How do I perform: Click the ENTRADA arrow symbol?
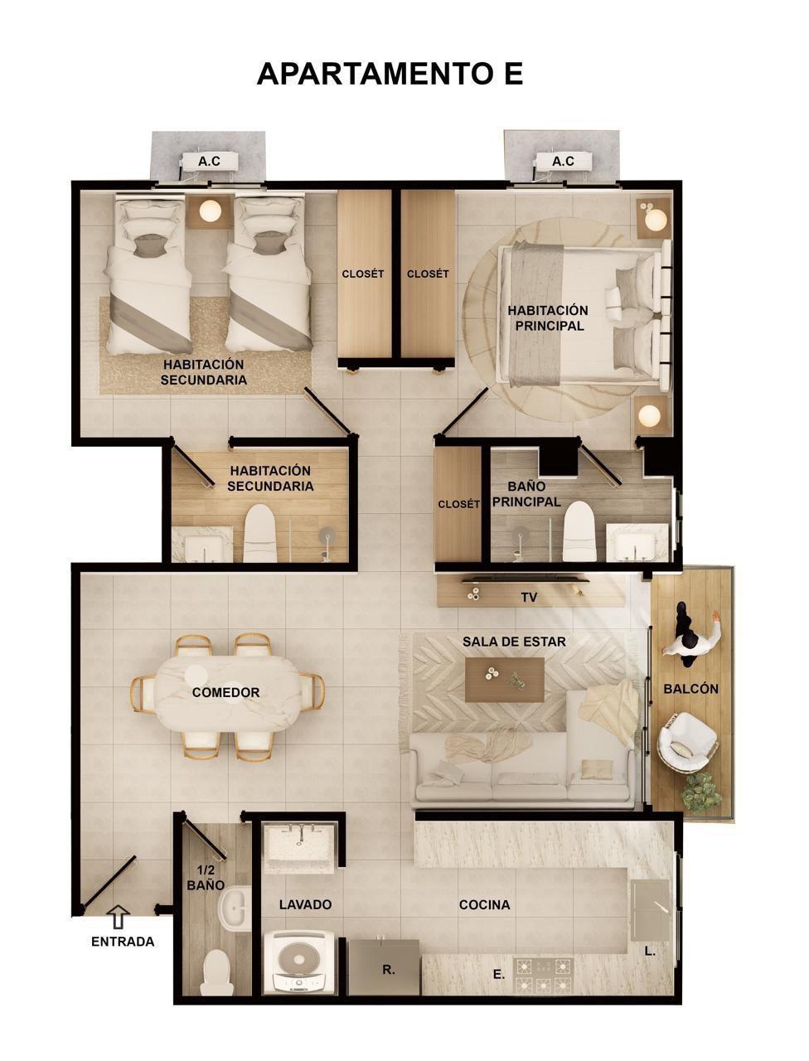[x=118, y=917]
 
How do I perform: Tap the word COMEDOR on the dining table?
[x=225, y=692]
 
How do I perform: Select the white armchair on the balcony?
[x=687, y=742]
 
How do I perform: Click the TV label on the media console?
[x=529, y=598]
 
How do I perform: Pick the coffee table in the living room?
[x=505, y=679]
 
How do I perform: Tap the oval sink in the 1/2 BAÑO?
[x=235, y=909]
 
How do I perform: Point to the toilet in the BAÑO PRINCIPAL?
[x=579, y=531]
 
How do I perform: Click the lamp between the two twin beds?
[x=210, y=211]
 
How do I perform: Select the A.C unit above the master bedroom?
[x=563, y=162]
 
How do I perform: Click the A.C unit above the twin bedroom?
[x=209, y=162]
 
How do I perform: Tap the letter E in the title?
[x=514, y=74]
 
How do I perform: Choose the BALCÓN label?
[x=690, y=688]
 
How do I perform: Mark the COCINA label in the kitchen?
[x=484, y=905]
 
